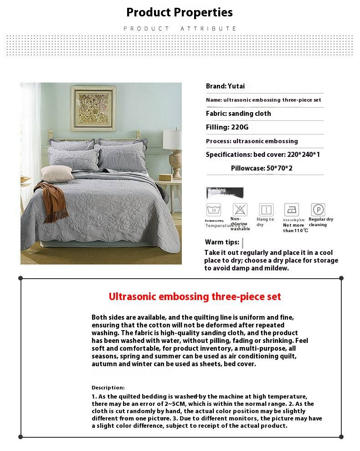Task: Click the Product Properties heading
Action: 180,12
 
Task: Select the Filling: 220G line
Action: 227,127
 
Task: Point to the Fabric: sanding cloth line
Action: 238,114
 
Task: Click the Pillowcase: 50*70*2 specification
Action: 262,168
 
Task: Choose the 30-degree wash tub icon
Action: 213,210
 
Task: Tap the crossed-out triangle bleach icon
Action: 240,210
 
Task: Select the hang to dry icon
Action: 266,210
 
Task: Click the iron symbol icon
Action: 292,210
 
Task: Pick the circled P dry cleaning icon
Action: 318,210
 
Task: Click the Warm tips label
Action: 222,242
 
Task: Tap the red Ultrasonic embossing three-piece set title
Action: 195,297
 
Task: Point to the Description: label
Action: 108,388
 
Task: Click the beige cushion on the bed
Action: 57,173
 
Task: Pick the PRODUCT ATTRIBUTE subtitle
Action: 180,29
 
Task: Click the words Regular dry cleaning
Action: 321,222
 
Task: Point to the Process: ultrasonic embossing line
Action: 252,141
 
